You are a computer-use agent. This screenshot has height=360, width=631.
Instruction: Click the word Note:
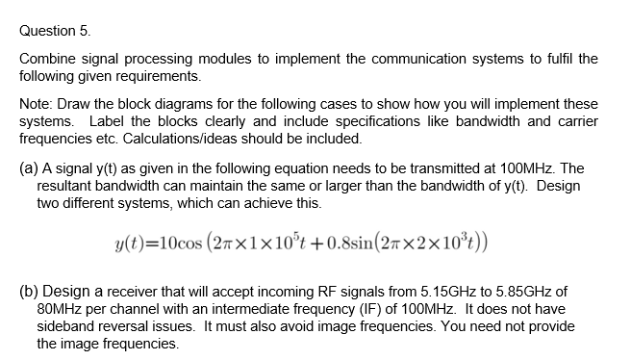tap(37, 103)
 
